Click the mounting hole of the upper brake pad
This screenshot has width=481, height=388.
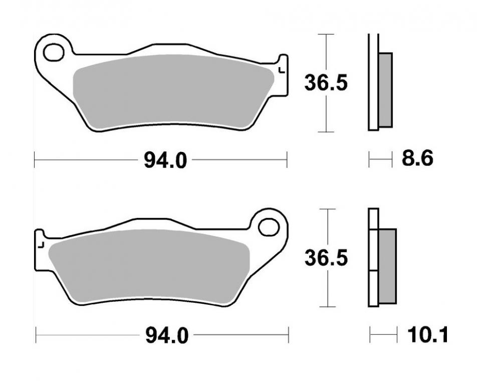(54, 53)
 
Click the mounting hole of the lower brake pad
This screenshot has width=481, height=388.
(269, 228)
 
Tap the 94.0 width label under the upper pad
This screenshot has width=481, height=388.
(165, 160)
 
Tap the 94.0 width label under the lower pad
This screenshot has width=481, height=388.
(166, 335)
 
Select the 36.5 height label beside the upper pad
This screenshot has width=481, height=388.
(326, 83)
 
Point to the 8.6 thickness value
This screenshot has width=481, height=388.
(417, 158)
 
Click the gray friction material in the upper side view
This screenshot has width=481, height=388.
(386, 90)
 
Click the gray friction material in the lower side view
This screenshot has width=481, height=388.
(388, 266)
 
